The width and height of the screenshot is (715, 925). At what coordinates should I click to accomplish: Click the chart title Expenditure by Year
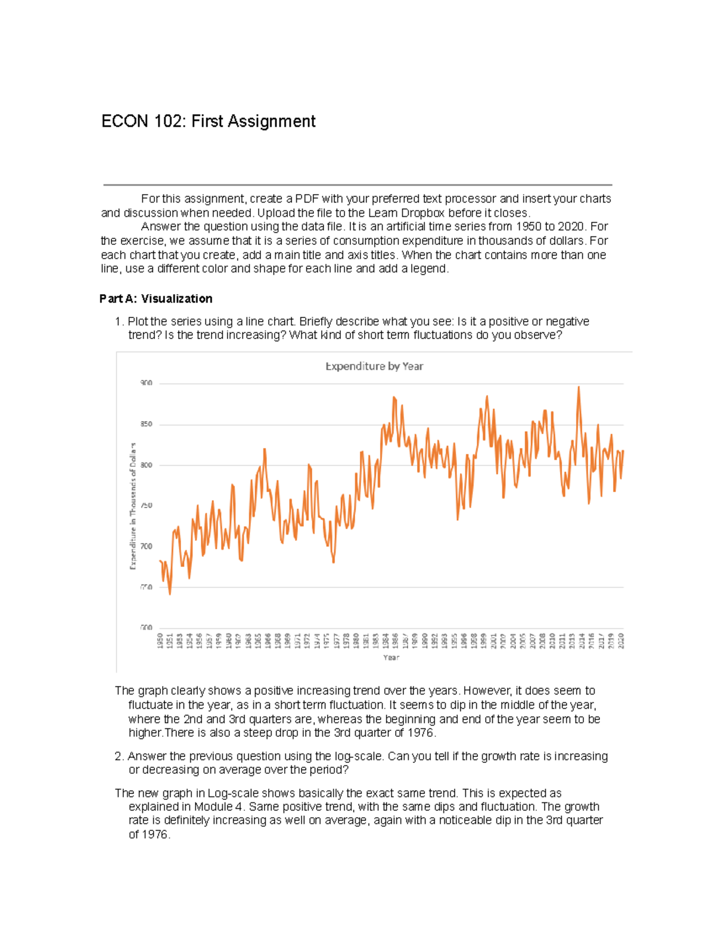(x=374, y=366)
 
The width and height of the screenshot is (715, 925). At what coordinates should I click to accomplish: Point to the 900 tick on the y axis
(x=146, y=383)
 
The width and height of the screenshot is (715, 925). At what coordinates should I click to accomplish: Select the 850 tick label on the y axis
(x=146, y=424)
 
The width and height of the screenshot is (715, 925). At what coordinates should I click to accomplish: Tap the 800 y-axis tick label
(x=146, y=465)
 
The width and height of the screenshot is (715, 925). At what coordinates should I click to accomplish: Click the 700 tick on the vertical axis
(x=146, y=546)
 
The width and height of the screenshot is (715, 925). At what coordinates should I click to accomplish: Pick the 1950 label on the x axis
(x=160, y=641)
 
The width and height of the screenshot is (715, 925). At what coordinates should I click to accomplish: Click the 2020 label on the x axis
(x=621, y=641)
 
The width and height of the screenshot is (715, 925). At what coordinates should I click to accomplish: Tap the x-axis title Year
(x=391, y=658)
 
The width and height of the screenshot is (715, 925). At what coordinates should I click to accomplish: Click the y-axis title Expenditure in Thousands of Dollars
(x=133, y=506)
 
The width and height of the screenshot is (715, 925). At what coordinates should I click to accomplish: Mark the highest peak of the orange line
(x=578, y=387)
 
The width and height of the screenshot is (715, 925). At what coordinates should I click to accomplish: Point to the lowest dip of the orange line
(x=170, y=594)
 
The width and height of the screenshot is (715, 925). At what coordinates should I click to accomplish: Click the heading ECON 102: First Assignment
(x=208, y=122)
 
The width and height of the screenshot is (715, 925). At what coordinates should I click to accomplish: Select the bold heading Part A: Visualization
(x=156, y=299)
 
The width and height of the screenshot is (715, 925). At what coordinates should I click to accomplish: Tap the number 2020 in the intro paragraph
(x=570, y=227)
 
